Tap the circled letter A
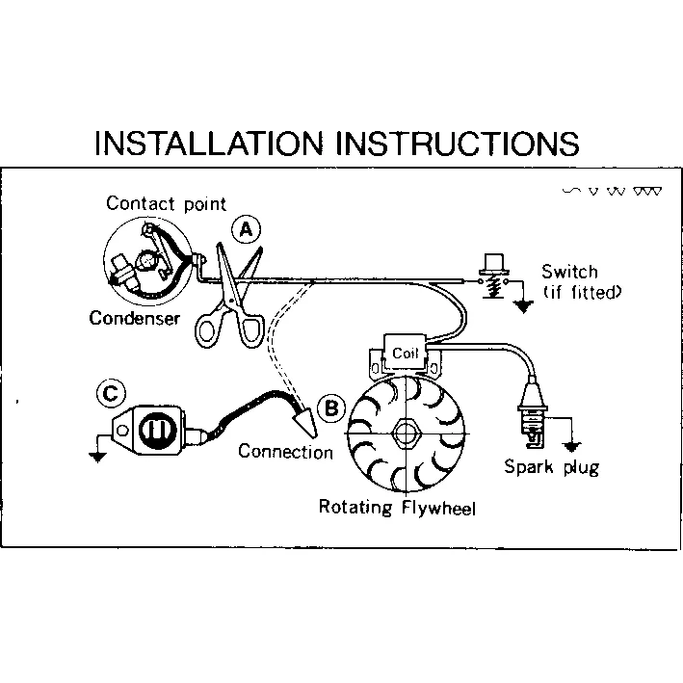(x=247, y=228)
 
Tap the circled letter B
(x=330, y=408)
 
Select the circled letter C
(x=112, y=393)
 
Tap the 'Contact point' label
(x=166, y=203)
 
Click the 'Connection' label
(x=285, y=451)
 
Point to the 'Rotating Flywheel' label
(x=397, y=507)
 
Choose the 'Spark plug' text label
(x=551, y=468)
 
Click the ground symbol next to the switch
(x=524, y=307)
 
